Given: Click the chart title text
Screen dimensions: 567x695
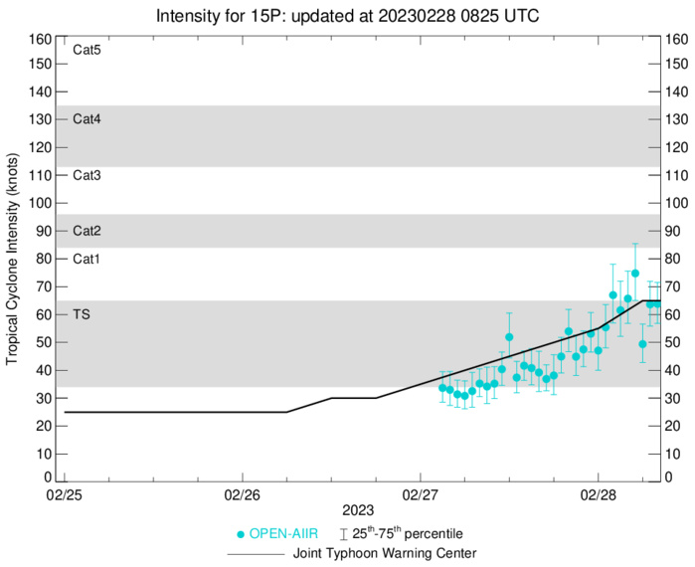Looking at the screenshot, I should [x=347, y=15].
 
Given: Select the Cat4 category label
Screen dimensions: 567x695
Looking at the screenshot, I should [x=87, y=118].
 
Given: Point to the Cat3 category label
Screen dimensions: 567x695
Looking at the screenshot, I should [x=87, y=175].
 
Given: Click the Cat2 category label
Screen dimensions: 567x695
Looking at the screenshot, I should [x=87, y=231].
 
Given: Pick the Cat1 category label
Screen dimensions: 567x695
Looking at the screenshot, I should [x=87, y=259].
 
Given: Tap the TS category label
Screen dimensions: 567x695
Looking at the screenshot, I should [x=81, y=313].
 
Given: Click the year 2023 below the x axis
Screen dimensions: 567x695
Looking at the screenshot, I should [x=348, y=510].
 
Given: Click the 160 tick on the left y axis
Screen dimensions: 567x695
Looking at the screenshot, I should [x=40, y=40].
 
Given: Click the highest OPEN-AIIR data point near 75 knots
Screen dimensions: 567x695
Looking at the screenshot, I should [x=635, y=273].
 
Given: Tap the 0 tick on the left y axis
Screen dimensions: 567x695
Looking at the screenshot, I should [x=46, y=477].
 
